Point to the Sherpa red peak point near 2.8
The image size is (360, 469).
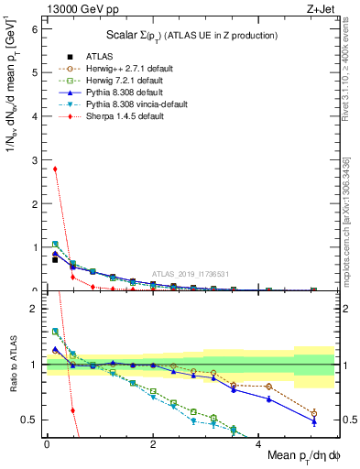click(55, 169)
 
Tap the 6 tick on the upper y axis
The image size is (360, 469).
click(35, 28)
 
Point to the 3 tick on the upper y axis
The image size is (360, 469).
click(35, 159)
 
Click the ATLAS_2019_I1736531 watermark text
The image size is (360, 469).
click(190, 274)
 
